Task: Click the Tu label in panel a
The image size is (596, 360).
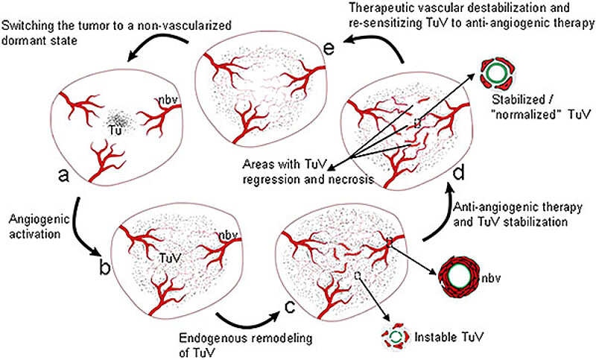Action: point(115,127)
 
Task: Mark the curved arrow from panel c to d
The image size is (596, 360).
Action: point(439,224)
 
